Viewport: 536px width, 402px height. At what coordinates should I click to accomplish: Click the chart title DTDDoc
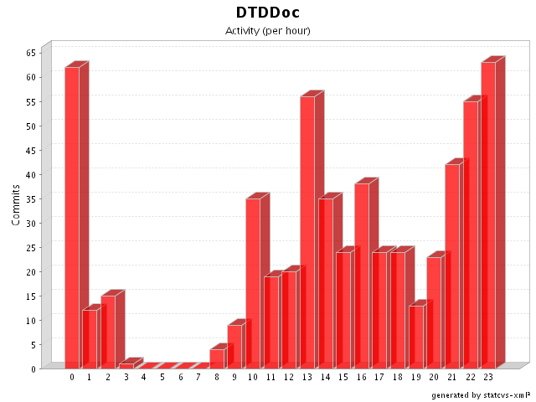point(268,13)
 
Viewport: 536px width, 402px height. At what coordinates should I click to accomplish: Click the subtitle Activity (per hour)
point(268,31)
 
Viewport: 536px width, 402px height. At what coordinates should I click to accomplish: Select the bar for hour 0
point(72,218)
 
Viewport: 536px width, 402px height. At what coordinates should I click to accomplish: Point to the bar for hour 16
point(362,276)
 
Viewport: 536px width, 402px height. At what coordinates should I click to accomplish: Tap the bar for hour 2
point(108,332)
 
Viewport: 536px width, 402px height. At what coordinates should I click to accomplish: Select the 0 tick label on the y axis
point(34,368)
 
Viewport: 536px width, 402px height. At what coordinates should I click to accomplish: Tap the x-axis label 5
point(162,378)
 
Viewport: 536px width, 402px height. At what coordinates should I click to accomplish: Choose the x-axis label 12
point(289,378)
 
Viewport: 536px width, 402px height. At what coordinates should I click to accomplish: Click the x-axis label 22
point(470,378)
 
